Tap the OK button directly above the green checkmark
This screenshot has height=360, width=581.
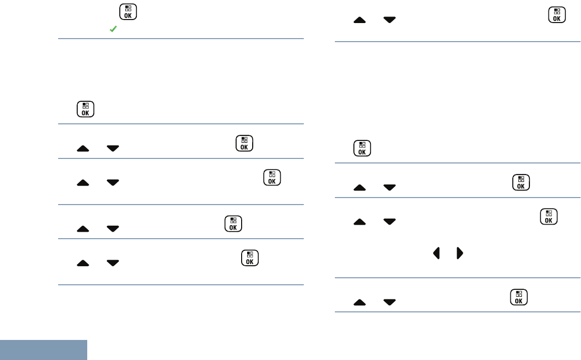click(128, 13)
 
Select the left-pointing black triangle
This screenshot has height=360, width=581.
click(436, 253)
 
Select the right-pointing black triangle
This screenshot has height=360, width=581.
click(459, 253)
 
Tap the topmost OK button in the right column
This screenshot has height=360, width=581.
click(557, 15)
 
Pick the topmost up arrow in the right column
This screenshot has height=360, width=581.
click(359, 20)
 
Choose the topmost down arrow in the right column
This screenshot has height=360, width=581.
click(389, 20)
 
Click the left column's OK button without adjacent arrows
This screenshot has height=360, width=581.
click(86, 109)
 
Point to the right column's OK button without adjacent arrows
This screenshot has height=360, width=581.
click(362, 148)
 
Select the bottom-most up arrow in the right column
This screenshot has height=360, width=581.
click(359, 302)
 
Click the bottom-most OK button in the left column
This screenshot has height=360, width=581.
click(250, 258)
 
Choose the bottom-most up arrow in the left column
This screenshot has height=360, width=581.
click(83, 263)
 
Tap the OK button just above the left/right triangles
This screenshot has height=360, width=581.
click(549, 218)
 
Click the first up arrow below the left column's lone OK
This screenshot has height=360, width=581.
click(83, 148)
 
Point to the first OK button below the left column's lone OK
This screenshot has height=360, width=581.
click(244, 143)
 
